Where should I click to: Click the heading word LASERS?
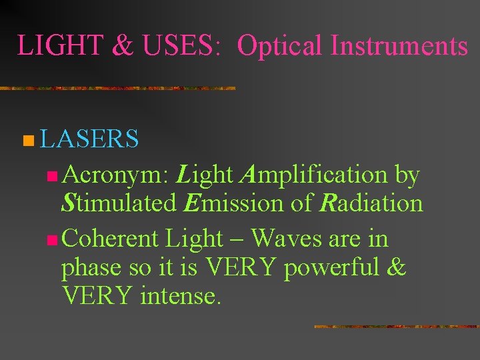pyautogui.click(x=89, y=139)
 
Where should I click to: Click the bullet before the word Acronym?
pyautogui.click(x=53, y=177)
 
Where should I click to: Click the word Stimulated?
pyautogui.click(x=118, y=203)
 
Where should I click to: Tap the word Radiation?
pyautogui.click(x=370, y=203)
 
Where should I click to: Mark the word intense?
pyautogui.click(x=179, y=294)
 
